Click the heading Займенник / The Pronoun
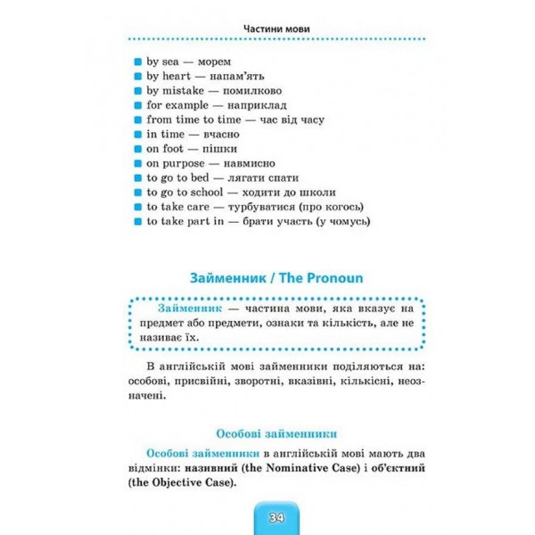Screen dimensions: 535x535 pyautogui.click(x=267, y=277)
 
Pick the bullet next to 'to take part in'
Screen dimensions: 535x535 pyautogui.click(x=137, y=220)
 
